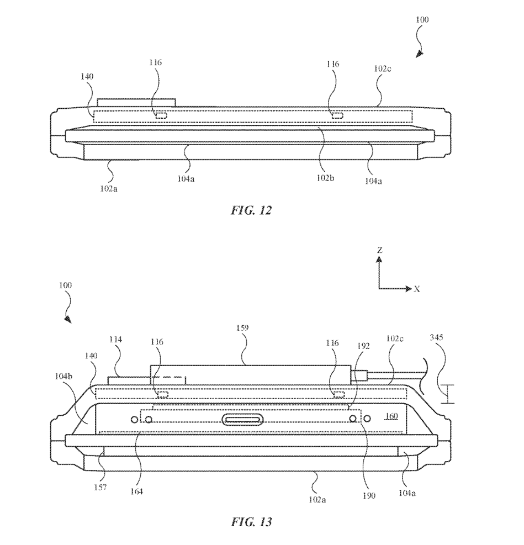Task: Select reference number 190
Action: (369, 495)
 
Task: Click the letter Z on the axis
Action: (379, 251)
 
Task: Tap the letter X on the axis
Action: (417, 289)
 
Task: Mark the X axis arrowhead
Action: (408, 288)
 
